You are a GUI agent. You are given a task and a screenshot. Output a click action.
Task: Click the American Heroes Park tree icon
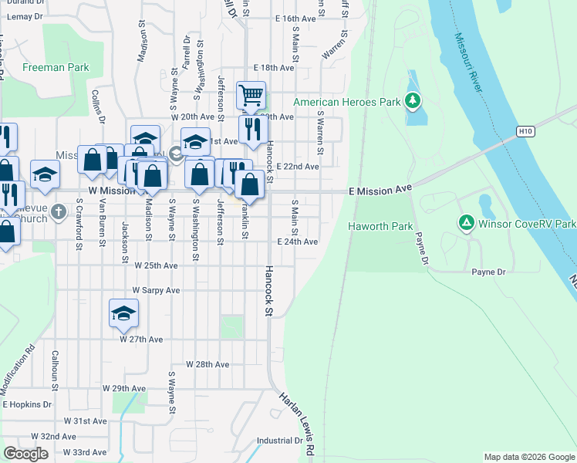click(413, 101)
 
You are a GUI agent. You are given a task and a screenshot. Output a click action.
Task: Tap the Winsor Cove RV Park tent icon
click(466, 224)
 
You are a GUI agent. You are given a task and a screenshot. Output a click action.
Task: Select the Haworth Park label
click(380, 226)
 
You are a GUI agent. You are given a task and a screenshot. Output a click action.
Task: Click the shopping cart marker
click(251, 96)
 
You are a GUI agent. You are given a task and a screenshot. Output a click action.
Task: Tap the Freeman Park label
click(56, 68)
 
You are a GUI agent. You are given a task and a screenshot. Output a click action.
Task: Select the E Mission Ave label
click(380, 189)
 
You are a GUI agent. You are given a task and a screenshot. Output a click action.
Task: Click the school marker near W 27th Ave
click(123, 312)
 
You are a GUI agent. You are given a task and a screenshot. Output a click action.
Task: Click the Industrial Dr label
click(279, 441)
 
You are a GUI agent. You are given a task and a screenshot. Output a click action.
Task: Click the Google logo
click(25, 454)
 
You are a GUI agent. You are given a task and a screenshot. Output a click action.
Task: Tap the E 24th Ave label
click(297, 242)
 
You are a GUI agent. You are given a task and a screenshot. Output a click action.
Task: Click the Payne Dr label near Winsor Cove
click(488, 272)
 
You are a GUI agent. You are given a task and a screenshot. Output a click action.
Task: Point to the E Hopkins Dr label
click(27, 404)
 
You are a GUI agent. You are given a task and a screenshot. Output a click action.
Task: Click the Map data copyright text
click(528, 457)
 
